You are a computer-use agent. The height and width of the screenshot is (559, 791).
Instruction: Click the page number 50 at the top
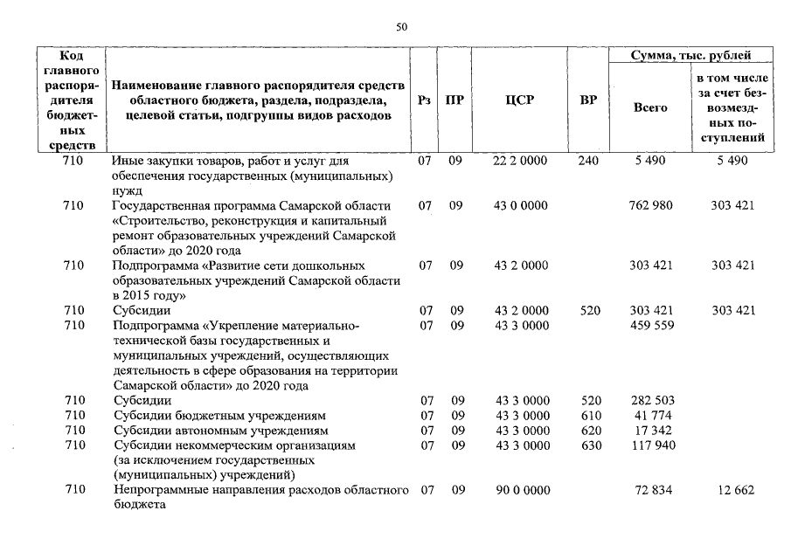point(401,28)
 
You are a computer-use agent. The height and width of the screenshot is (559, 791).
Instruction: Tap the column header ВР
point(588,100)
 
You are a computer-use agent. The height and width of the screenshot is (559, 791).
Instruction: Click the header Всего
point(649,107)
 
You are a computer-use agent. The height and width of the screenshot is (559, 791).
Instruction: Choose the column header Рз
point(425,100)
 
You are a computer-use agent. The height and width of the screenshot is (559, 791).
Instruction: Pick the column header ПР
point(454,100)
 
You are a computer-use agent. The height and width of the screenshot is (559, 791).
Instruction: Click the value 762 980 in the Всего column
point(650,206)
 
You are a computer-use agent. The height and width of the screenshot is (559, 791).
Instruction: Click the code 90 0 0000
point(521,491)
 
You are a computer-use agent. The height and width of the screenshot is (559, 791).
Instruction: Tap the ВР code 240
point(588,162)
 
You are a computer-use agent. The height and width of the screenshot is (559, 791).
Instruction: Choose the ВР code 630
point(591,445)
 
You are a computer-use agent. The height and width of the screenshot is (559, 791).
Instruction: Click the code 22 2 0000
point(521,162)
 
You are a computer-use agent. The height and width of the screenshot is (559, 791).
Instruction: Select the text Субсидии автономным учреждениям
point(221,431)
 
